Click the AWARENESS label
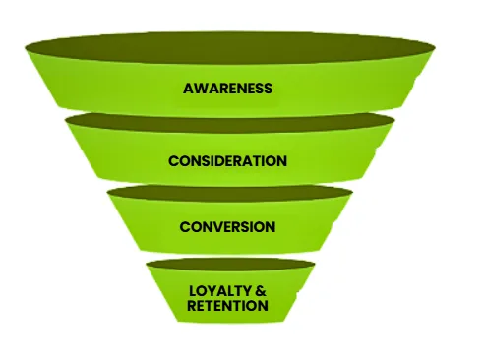[227, 89]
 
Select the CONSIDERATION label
[227, 160]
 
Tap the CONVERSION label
[227, 227]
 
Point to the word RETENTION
[227, 306]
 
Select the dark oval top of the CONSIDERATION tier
[229, 120]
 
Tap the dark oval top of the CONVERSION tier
[229, 192]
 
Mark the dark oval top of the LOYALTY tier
[229, 266]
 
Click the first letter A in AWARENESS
[188, 89]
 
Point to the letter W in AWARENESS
[199, 89]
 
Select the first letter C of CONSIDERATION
[173, 160]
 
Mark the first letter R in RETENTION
[192, 306]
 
